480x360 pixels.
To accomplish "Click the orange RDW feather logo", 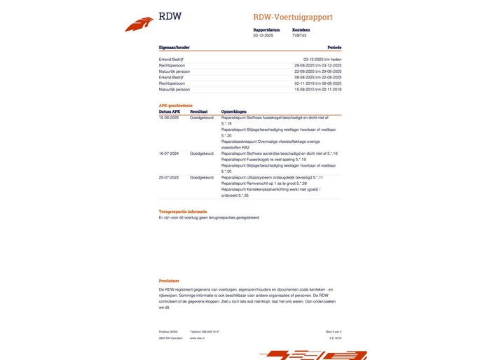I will pos(139,24).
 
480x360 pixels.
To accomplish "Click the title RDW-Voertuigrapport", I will pos(293,17).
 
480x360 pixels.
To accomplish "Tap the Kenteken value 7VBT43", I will pos(300,35).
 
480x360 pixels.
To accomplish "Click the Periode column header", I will pos(334,48).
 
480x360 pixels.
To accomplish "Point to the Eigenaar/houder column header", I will pos(174,48).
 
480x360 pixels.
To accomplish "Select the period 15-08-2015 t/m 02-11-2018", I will pos(317,90).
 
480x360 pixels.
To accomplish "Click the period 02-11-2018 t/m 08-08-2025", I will pos(317,83).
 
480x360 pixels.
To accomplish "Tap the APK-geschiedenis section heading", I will pos(176,106).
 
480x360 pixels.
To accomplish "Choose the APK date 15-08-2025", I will pos(169,118).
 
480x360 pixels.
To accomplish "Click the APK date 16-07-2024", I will pos(169,153).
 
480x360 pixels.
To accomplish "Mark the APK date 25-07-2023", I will pos(169,178).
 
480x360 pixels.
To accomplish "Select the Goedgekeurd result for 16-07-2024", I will pos(202,153).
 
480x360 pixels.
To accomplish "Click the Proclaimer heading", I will pos(169,281).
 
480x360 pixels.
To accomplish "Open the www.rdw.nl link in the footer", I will pos(196,338).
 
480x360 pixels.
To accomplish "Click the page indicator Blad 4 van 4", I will pos(334,331).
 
